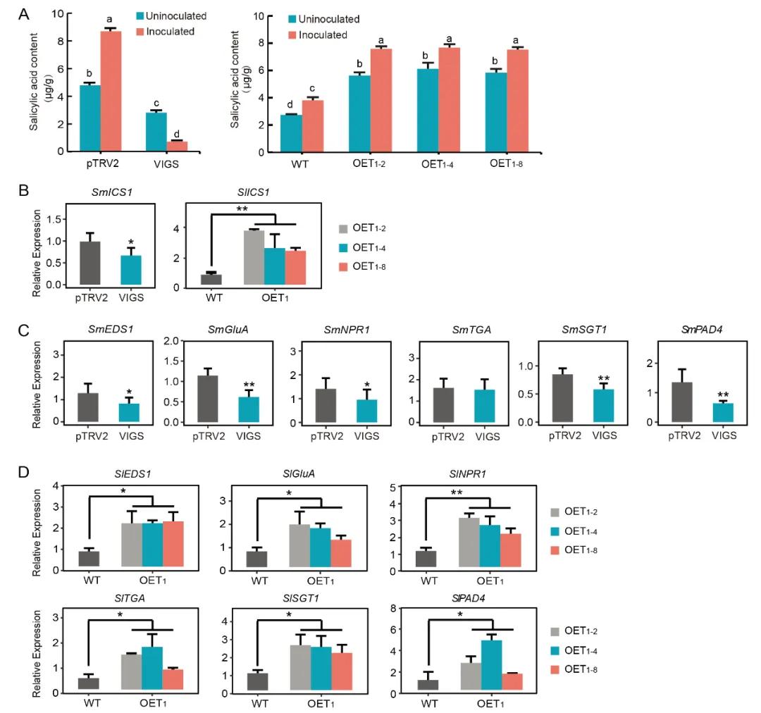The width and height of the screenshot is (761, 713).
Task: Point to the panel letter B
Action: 23,190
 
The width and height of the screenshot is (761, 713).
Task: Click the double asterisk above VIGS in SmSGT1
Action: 604,378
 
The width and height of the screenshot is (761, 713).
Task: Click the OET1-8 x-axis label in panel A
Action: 507,166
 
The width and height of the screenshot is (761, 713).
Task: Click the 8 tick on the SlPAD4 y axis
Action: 401,609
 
